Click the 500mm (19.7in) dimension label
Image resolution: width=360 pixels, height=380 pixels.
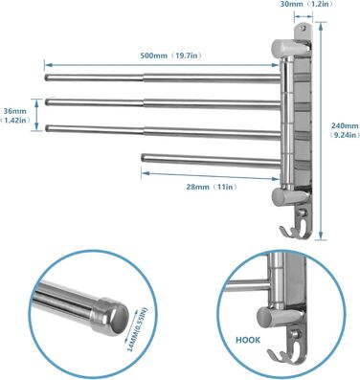(171, 56)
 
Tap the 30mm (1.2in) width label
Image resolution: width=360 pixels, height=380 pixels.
(306, 4)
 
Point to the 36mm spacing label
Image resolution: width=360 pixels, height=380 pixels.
(15, 116)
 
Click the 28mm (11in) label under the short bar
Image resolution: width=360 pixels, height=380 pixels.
(212, 187)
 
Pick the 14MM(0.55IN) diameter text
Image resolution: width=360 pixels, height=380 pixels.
(138, 329)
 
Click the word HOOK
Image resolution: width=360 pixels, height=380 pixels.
(248, 340)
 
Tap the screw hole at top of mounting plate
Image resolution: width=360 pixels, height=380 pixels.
(304, 28)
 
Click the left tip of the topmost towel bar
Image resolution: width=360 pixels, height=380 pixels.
(46, 78)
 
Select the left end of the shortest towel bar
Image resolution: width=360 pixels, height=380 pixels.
(143, 158)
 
